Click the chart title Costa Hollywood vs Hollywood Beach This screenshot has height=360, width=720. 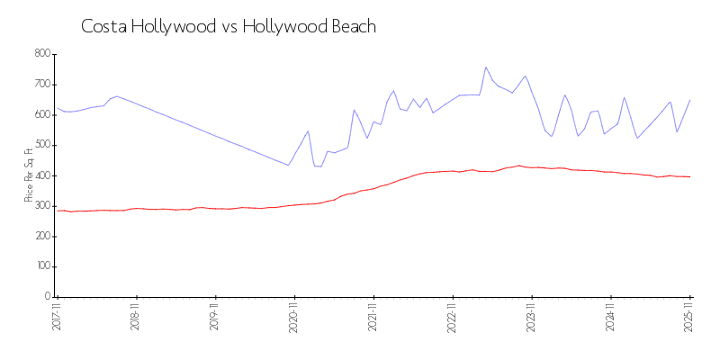pyautogui.click(x=229, y=27)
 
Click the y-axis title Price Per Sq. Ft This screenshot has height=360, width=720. pyautogui.click(x=30, y=175)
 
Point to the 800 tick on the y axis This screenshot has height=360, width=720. pyautogui.click(x=41, y=54)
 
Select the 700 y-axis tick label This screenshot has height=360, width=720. pyautogui.click(x=41, y=85)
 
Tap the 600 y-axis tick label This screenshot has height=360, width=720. pyautogui.click(x=41, y=115)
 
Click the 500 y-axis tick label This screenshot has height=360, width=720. pyautogui.click(x=41, y=145)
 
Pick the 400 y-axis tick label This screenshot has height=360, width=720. pyautogui.click(x=41, y=175)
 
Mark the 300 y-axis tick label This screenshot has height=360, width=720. pyautogui.click(x=41, y=206)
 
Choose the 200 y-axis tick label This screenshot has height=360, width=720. pyautogui.click(x=41, y=237)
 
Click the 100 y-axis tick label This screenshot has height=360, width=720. pyautogui.click(x=41, y=267)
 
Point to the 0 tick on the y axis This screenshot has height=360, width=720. pyautogui.click(x=47, y=297)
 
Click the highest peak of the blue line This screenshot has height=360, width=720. pyautogui.click(x=486, y=67)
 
